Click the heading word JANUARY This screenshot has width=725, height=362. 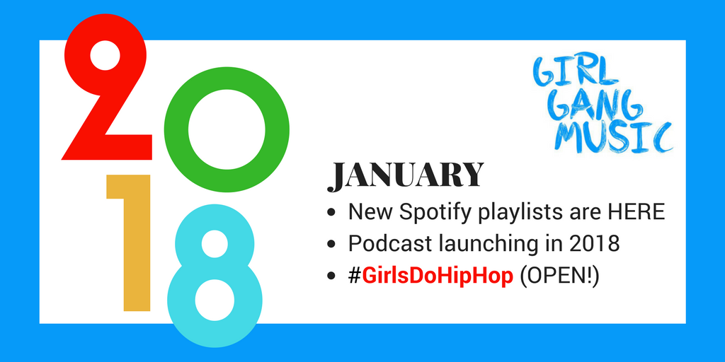406,176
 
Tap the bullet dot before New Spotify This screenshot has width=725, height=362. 331,213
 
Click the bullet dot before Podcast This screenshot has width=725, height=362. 331,245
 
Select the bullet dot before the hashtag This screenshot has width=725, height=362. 331,276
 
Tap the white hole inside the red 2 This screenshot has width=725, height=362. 105,55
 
